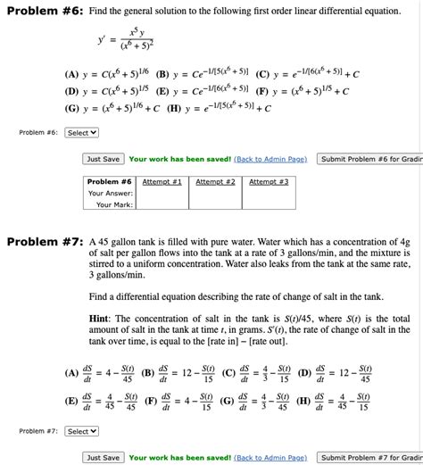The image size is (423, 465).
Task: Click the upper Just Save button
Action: [104, 159]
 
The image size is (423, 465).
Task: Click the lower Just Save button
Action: [104, 458]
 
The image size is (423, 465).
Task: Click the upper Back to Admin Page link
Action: [270, 159]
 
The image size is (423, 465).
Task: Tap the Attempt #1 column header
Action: [162, 181]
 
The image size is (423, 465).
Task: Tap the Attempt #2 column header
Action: [215, 181]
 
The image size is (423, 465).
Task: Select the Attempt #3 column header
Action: [269, 181]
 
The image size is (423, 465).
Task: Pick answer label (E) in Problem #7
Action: [71, 402]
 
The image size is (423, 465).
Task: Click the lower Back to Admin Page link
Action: [270, 458]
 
